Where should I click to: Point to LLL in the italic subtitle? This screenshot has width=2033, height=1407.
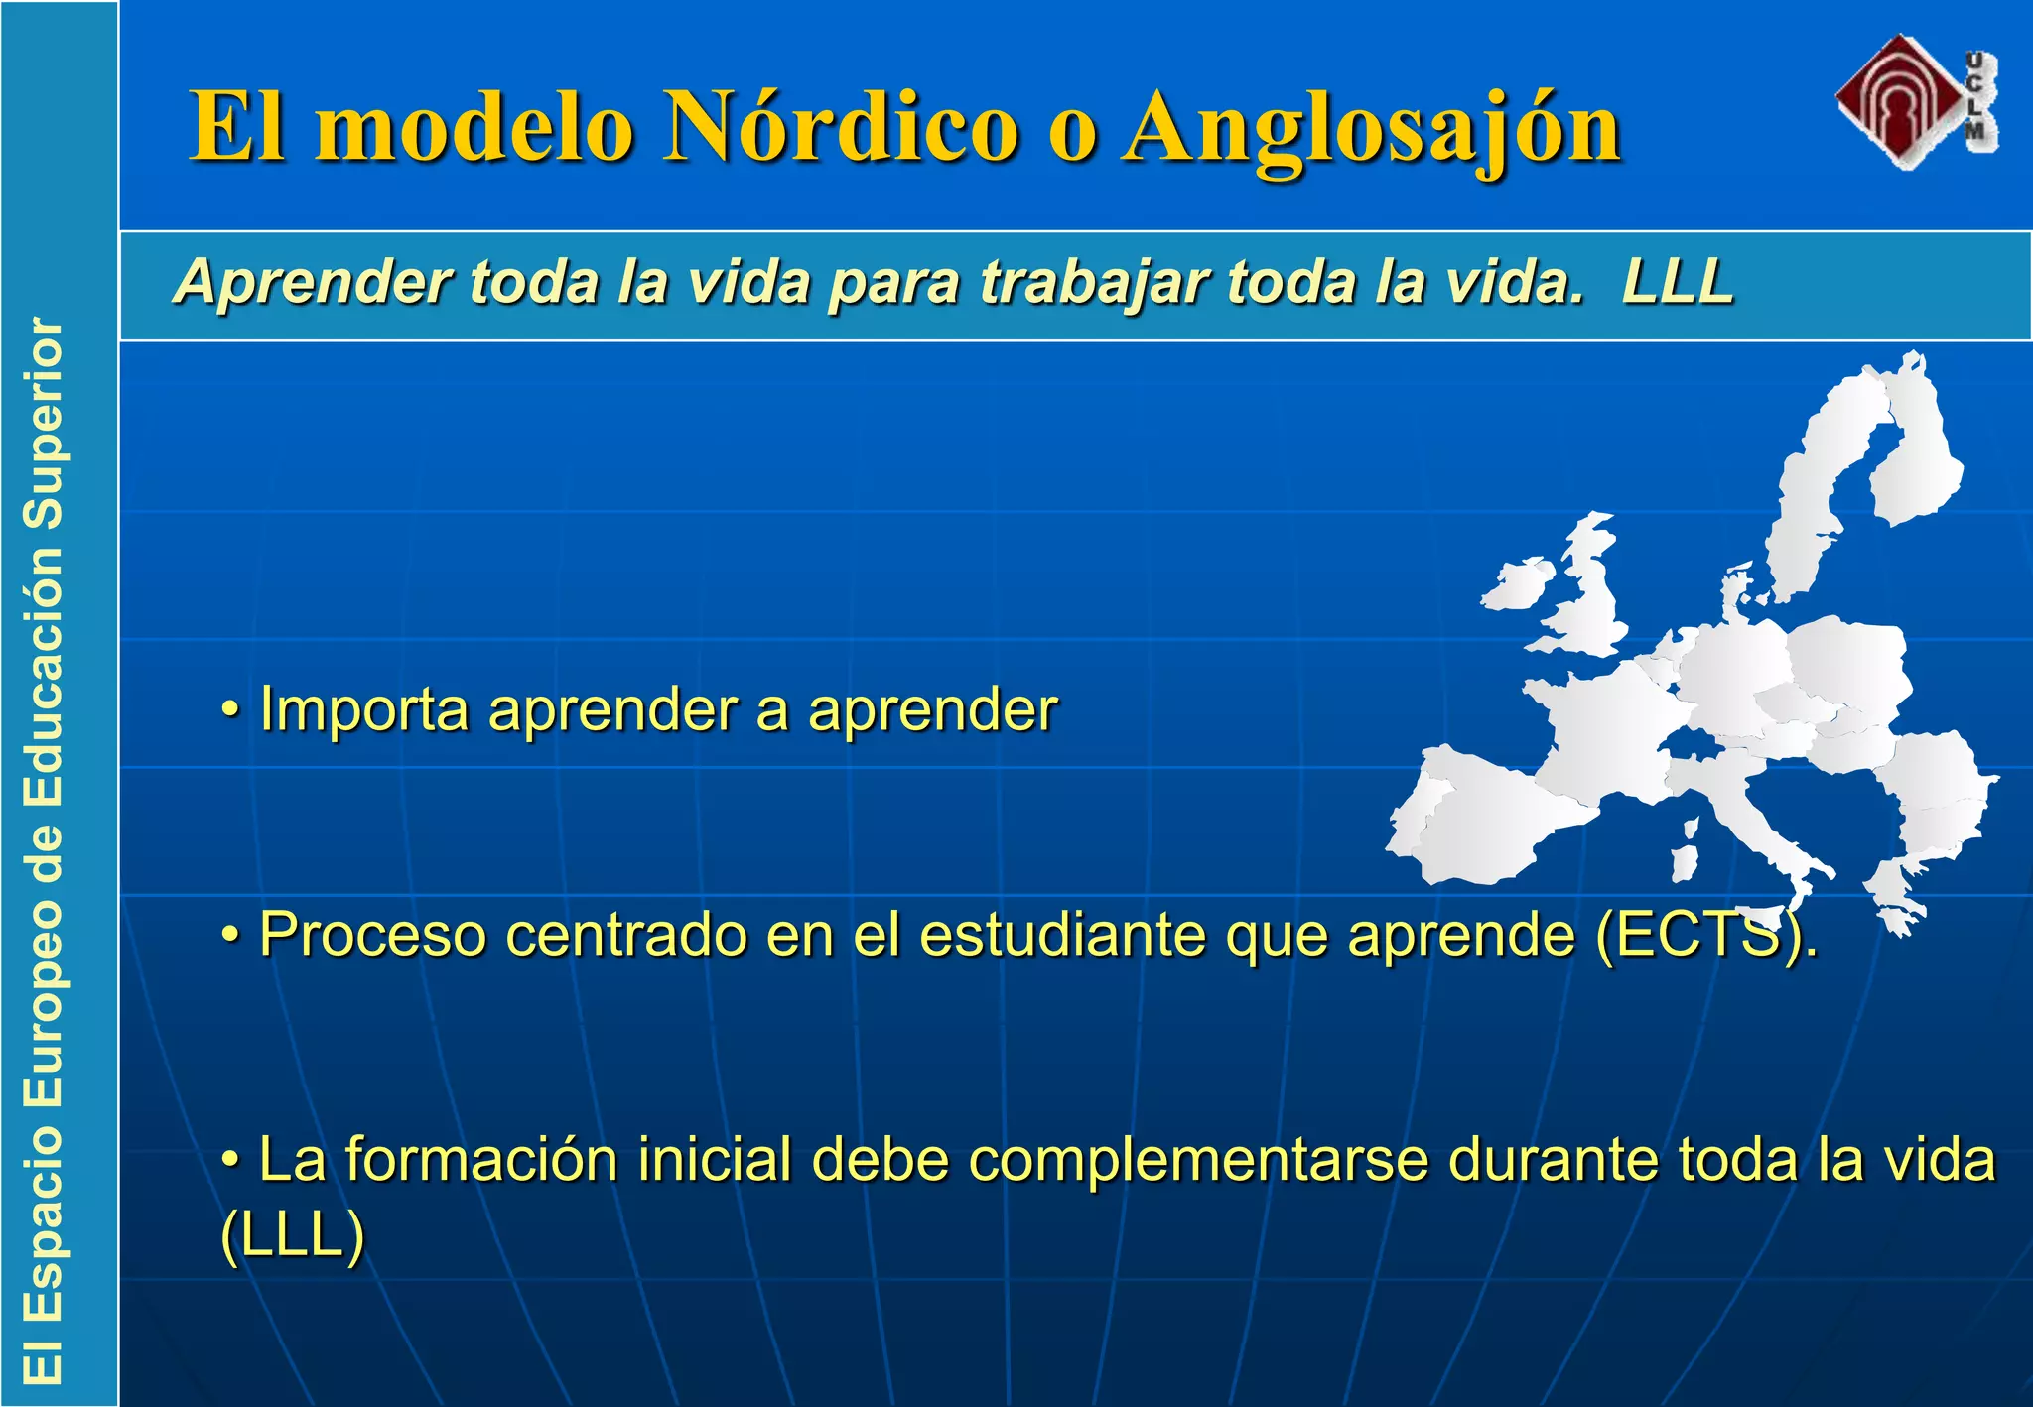tap(1678, 282)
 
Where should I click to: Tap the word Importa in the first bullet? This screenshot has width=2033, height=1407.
tap(363, 710)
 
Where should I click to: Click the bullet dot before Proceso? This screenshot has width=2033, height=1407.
tap(230, 935)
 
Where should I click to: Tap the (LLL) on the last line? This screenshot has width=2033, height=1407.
tap(293, 1236)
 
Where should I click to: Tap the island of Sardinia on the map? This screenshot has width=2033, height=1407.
tap(1685, 861)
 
